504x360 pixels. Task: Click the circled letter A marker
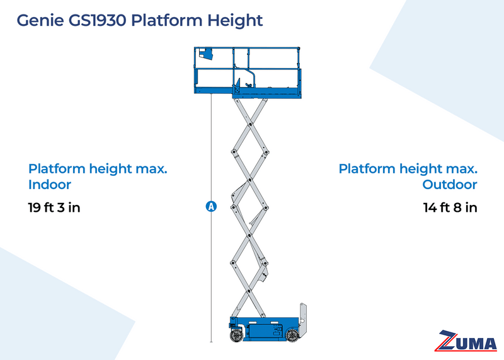click(x=211, y=206)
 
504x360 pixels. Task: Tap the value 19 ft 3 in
click(x=54, y=207)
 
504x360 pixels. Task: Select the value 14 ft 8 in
click(x=450, y=207)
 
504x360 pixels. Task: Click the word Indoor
click(x=50, y=185)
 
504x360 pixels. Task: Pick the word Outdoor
click(x=449, y=185)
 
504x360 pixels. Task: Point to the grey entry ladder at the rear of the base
click(x=304, y=322)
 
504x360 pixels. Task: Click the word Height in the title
click(x=233, y=21)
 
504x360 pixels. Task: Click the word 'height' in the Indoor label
click(x=108, y=169)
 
